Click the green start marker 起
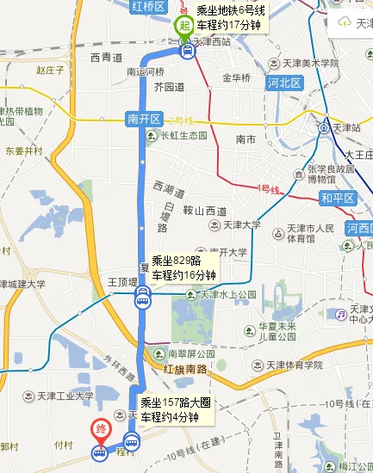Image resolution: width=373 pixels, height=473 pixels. (x=183, y=26)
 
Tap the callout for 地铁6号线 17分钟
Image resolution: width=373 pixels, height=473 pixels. (x=231, y=18)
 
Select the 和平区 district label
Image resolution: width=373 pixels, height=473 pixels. (x=336, y=197)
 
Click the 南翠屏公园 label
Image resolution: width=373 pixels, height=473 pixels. (x=187, y=353)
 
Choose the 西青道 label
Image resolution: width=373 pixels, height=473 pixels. (x=106, y=58)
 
